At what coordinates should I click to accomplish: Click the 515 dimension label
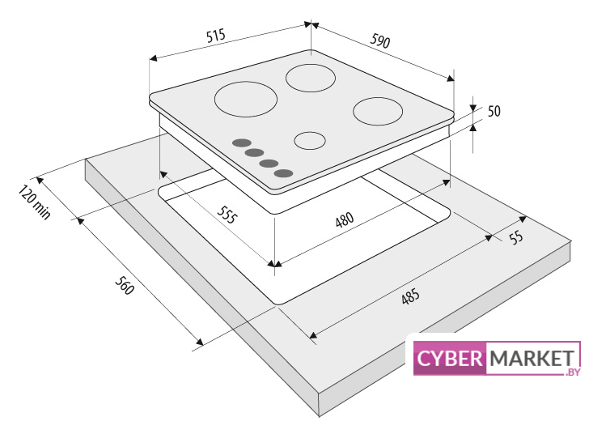coord(216,36)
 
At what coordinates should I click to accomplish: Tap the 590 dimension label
coord(380,40)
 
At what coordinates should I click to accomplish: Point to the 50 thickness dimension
coord(494,111)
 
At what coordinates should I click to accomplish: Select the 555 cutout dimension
coord(227,215)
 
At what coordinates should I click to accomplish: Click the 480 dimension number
coord(345,219)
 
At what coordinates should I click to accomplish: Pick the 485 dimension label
coord(410,296)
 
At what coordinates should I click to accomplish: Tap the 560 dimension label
coord(125,286)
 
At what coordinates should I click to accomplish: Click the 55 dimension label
coord(516,237)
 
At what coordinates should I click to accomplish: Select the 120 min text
coord(34,202)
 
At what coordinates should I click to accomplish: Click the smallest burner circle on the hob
coord(310,141)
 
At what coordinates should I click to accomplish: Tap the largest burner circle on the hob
coord(246,100)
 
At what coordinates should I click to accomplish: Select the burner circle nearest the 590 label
coord(311,78)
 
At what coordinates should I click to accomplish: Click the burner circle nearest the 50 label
coord(378,111)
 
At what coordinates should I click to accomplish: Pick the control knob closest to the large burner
coord(242,143)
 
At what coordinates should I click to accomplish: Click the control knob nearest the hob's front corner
coord(283,173)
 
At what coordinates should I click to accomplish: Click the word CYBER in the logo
coord(449,358)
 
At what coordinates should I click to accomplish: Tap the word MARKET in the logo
coord(532,358)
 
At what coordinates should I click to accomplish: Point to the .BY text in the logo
coord(573,372)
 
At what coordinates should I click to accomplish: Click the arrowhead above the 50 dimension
coord(473,102)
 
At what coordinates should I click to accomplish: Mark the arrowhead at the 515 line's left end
coord(153,58)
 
